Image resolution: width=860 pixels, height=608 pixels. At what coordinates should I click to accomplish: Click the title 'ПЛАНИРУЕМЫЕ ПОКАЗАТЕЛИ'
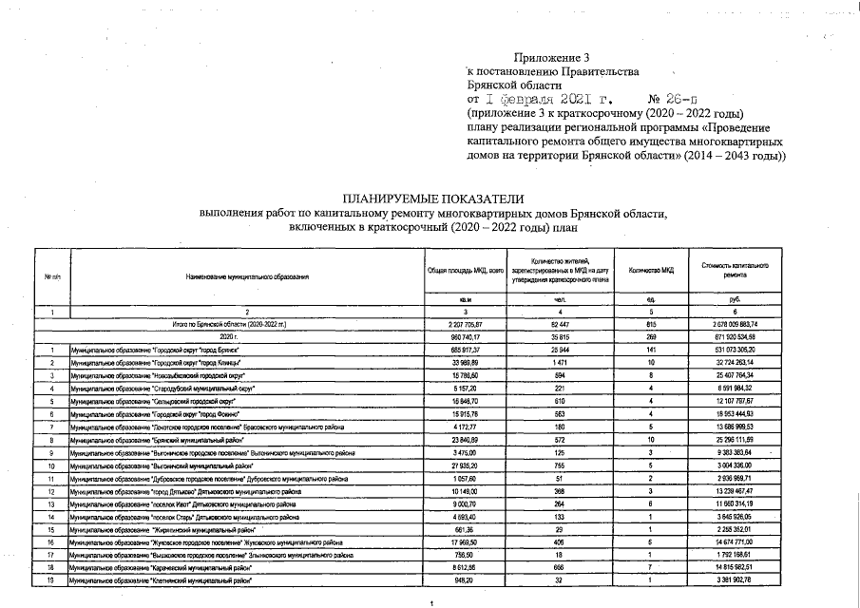(x=433, y=199)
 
